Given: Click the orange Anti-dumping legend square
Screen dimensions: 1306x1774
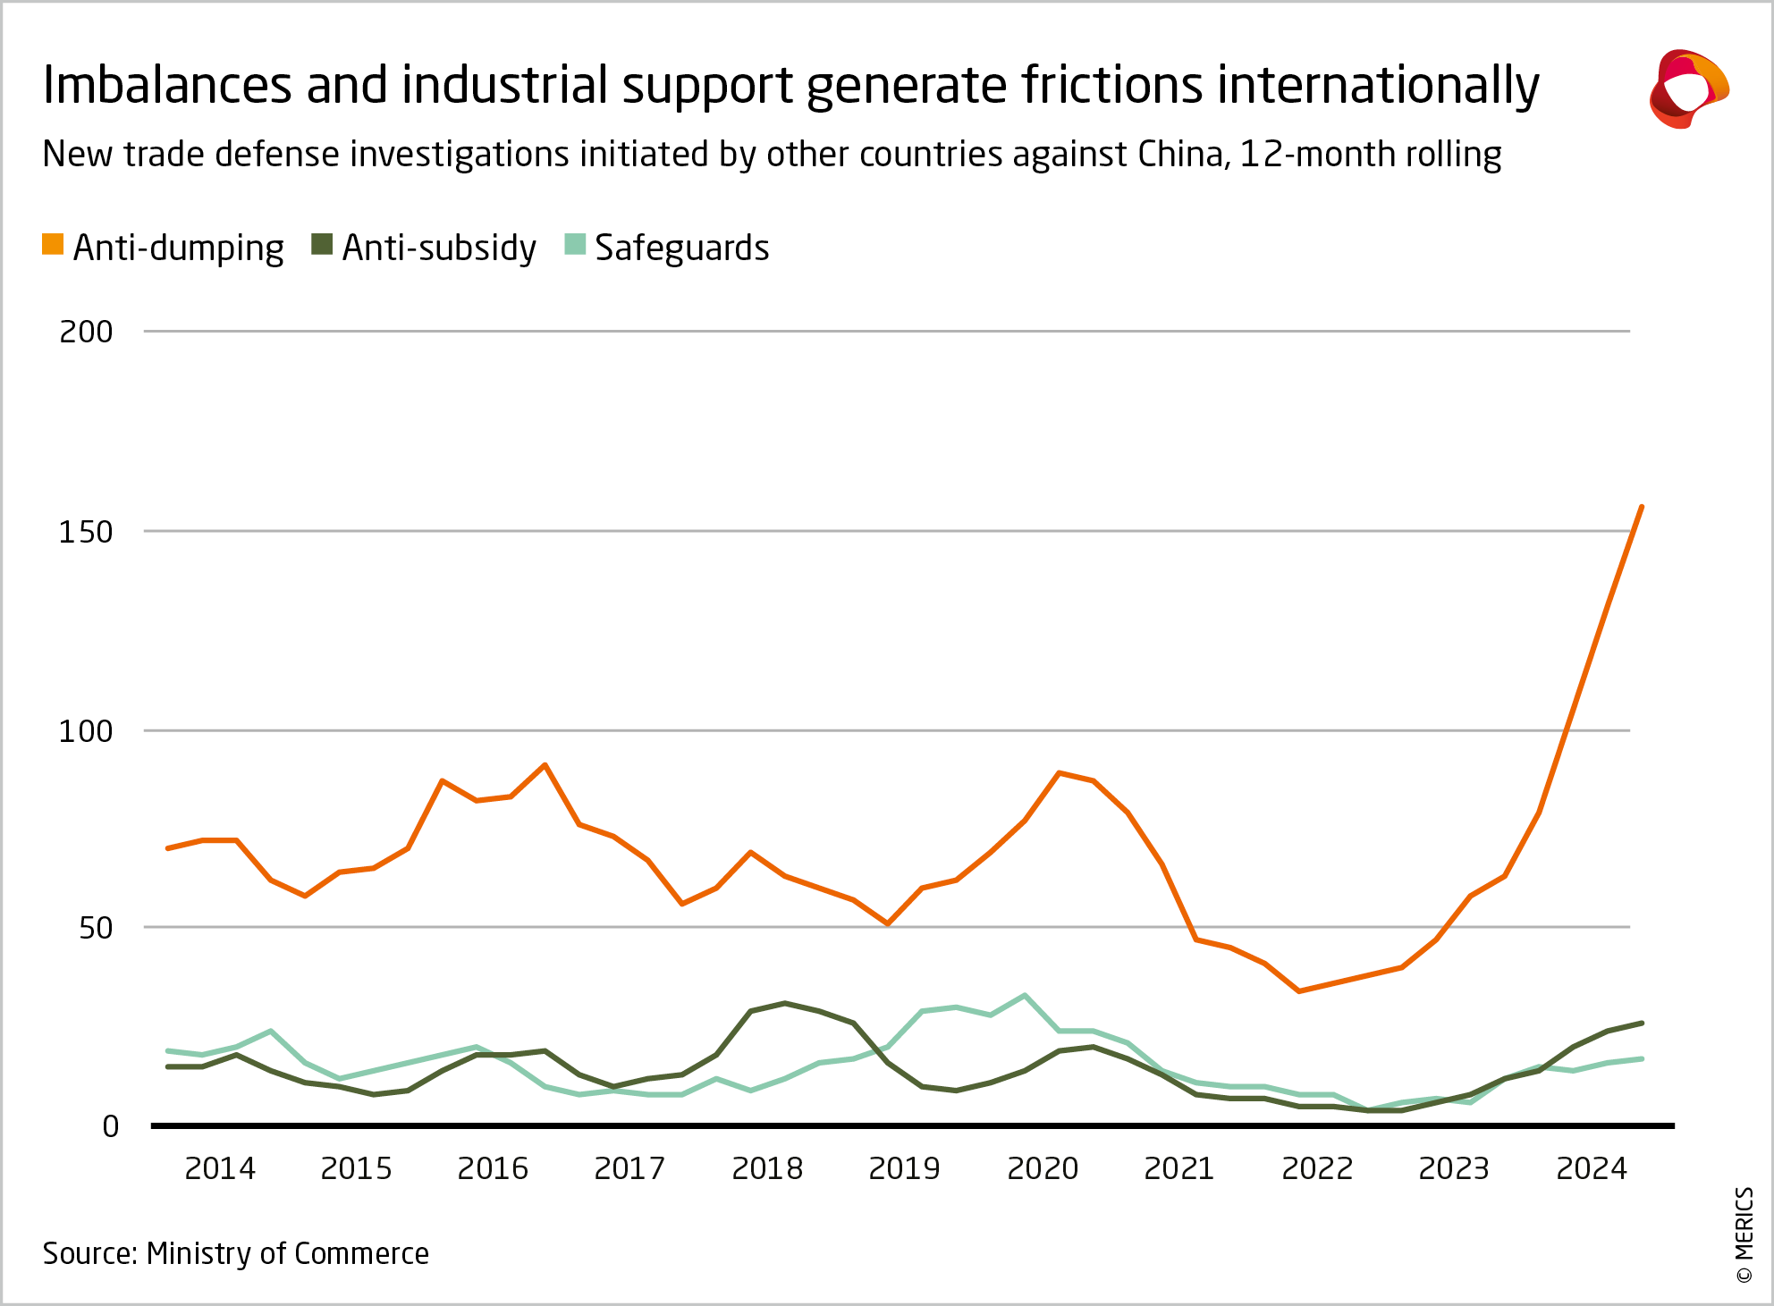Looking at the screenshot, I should (x=53, y=245).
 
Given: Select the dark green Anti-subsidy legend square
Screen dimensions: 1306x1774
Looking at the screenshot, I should (x=322, y=245).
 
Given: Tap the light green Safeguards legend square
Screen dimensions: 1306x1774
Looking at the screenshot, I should (x=575, y=245).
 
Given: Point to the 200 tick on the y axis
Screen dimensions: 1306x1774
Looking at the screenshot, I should (x=86, y=332).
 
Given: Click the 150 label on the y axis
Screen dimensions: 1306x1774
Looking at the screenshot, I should (x=86, y=532).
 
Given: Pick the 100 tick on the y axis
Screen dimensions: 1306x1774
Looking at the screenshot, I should (x=86, y=731).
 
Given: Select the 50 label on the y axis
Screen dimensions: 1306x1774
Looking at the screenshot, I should (x=96, y=928).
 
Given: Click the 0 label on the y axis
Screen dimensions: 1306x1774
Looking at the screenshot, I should (x=110, y=1126).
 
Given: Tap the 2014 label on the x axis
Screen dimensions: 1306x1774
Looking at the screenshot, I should (x=220, y=1168).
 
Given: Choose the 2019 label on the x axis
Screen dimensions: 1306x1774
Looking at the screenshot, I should (x=905, y=1168).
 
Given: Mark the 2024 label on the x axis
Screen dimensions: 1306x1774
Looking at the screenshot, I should (x=1592, y=1168).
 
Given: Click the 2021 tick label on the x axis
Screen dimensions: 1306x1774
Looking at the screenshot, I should (x=1179, y=1168).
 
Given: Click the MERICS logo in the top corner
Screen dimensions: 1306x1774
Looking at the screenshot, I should (x=1688, y=88).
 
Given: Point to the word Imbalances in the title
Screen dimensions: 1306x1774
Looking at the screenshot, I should (x=167, y=85).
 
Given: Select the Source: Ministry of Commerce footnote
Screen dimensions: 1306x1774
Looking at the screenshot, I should (x=236, y=1253).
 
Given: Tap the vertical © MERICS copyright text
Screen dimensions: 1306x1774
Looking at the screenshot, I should (x=1744, y=1234).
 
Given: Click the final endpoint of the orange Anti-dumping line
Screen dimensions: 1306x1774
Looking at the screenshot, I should (x=1642, y=507).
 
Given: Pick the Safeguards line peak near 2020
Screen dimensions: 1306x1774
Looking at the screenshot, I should (x=1024, y=995).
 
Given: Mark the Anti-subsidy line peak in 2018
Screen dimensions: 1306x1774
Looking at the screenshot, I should (x=784, y=1003).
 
